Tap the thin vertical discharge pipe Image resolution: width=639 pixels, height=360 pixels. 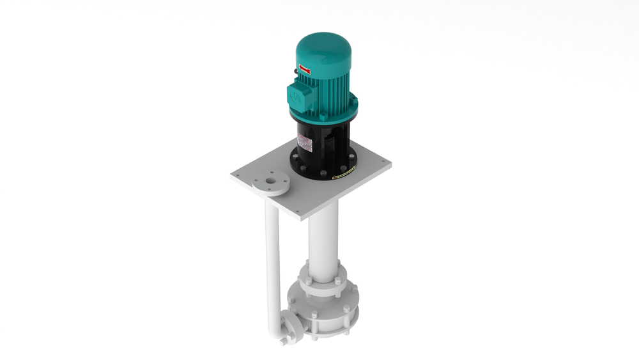tap(271, 256)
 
